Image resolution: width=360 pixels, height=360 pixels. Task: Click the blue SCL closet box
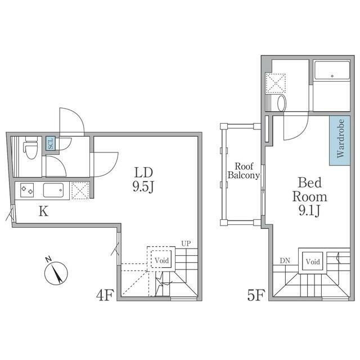[50, 143]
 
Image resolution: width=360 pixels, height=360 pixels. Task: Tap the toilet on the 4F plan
[31, 147]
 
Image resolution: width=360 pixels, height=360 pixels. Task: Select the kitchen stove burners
[27, 190]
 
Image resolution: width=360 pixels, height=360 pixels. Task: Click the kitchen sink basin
[53, 190]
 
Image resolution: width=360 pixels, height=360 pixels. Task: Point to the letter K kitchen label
[43, 211]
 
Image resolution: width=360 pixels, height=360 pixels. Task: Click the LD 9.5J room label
[143, 179]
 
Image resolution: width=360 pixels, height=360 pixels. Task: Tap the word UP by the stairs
[186, 244]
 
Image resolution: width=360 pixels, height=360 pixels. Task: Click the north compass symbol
[56, 272]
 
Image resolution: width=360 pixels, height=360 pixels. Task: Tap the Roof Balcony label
[244, 170]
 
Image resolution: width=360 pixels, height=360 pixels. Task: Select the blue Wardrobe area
[340, 141]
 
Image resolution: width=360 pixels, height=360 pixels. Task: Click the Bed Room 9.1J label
[309, 196]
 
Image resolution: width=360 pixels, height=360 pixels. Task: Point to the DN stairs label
[285, 260]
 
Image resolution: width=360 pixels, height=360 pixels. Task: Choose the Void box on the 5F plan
[313, 261]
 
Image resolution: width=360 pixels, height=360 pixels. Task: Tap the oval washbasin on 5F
[281, 103]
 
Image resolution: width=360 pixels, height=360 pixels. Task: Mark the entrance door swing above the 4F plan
[71, 121]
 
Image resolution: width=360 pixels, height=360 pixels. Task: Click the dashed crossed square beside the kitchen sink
[80, 190]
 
